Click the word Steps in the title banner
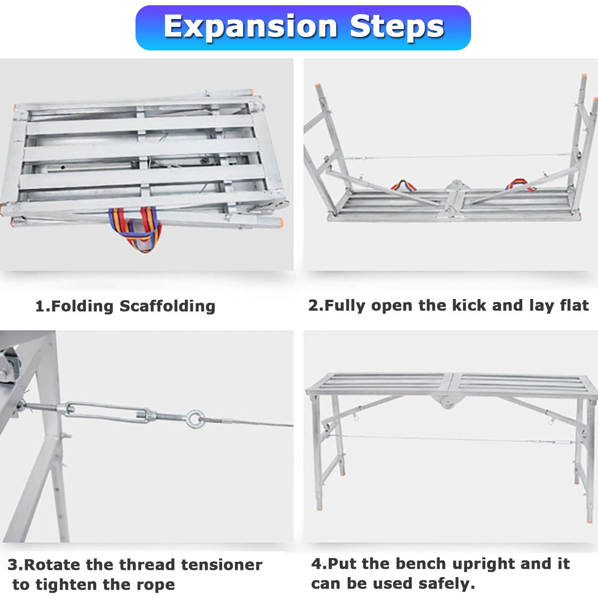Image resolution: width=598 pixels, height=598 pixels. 397,27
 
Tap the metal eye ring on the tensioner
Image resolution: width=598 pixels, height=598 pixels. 195,418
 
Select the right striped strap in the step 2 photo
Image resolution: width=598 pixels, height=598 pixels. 517,184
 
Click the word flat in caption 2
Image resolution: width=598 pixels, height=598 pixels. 574,305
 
